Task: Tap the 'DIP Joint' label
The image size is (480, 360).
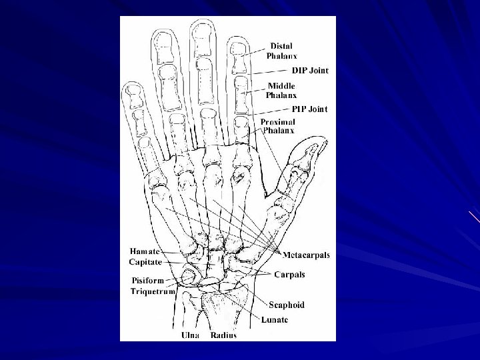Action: pyautogui.click(x=310, y=70)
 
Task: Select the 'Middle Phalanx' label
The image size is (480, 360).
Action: pyautogui.click(x=281, y=91)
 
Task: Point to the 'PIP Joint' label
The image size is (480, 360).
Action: pyautogui.click(x=309, y=109)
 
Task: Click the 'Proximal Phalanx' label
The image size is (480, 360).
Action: pyautogui.click(x=279, y=127)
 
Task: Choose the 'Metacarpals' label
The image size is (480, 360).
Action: pyautogui.click(x=306, y=255)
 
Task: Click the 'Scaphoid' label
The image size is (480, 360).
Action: pyautogui.click(x=287, y=305)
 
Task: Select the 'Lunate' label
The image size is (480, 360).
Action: pyautogui.click(x=273, y=319)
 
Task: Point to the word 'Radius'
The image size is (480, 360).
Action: pyautogui.click(x=223, y=335)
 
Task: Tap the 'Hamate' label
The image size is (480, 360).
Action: pyautogui.click(x=145, y=252)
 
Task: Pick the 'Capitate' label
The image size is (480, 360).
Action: pyautogui.click(x=145, y=262)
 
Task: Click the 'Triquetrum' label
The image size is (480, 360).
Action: pyautogui.click(x=153, y=291)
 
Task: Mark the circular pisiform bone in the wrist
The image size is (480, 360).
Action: pyautogui.click(x=189, y=275)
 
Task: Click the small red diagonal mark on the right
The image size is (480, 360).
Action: pyautogui.click(x=474, y=217)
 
